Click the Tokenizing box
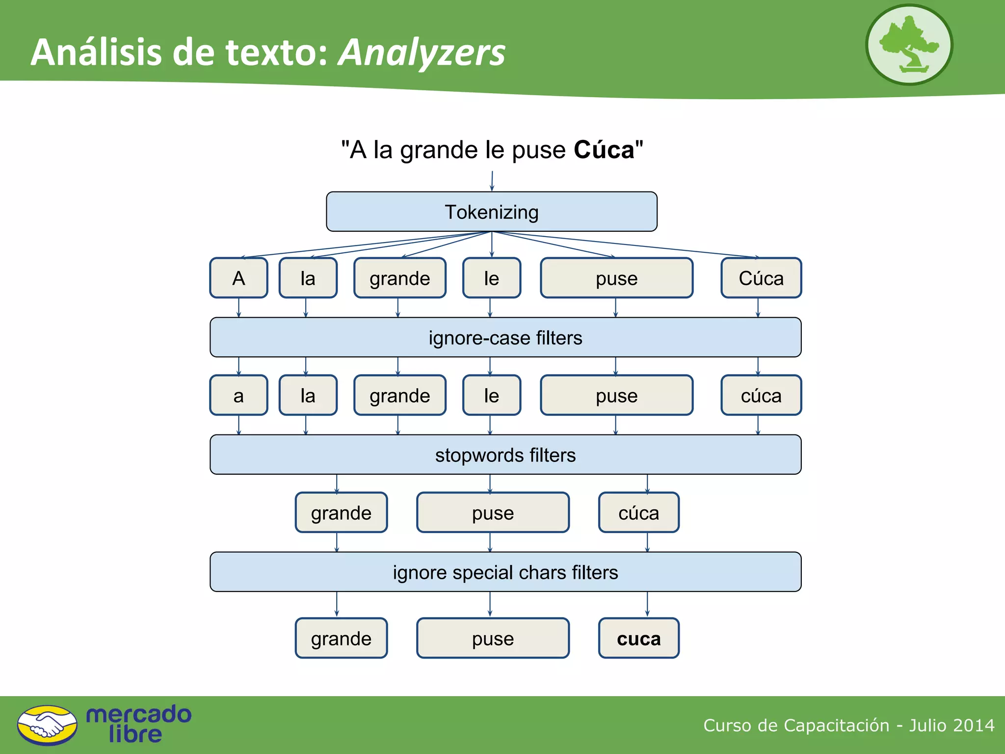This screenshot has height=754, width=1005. tap(491, 212)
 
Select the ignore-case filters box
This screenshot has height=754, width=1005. tap(505, 337)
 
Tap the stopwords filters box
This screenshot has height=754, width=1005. tap(505, 455)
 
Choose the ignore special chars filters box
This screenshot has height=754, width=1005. tap(505, 572)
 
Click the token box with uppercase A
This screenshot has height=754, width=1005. tap(238, 278)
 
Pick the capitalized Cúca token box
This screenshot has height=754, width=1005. tap(761, 278)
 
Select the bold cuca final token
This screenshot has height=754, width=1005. tap(638, 638)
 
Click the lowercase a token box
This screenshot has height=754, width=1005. tap(238, 395)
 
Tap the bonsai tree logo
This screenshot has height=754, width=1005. tap(909, 45)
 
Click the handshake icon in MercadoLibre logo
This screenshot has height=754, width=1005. tap(47, 725)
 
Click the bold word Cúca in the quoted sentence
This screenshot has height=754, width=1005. tap(604, 150)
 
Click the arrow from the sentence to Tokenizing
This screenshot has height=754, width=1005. tap(492, 181)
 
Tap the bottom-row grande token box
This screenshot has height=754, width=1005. tap(341, 638)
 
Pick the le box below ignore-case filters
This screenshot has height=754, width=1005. tap(491, 395)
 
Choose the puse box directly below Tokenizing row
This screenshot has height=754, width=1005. tap(616, 278)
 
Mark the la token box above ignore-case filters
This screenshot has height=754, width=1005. tap(308, 278)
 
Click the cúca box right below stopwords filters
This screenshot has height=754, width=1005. tap(638, 512)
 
